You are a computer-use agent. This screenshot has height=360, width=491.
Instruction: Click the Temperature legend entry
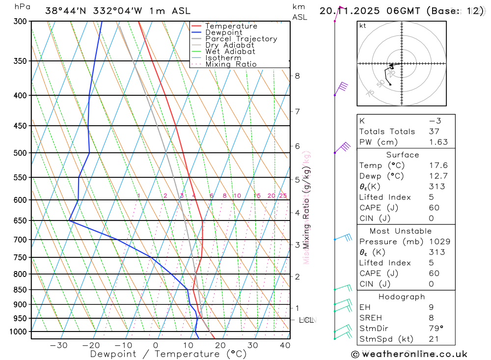[231, 27]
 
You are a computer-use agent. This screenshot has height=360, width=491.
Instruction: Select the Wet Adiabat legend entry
[230, 52]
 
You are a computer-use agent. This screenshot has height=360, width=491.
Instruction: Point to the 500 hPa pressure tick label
[20, 153]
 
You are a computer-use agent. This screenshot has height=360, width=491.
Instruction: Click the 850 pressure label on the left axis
[20, 290]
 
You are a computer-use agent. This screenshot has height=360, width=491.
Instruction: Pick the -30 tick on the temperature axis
[58, 345]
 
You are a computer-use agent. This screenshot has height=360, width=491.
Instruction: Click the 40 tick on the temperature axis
[285, 345]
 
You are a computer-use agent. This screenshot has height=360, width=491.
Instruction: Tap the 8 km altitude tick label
[297, 76]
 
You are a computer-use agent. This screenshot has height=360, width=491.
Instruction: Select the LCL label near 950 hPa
[306, 320]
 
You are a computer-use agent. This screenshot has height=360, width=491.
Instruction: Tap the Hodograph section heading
[402, 297]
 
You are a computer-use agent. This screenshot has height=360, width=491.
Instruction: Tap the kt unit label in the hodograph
[363, 26]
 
